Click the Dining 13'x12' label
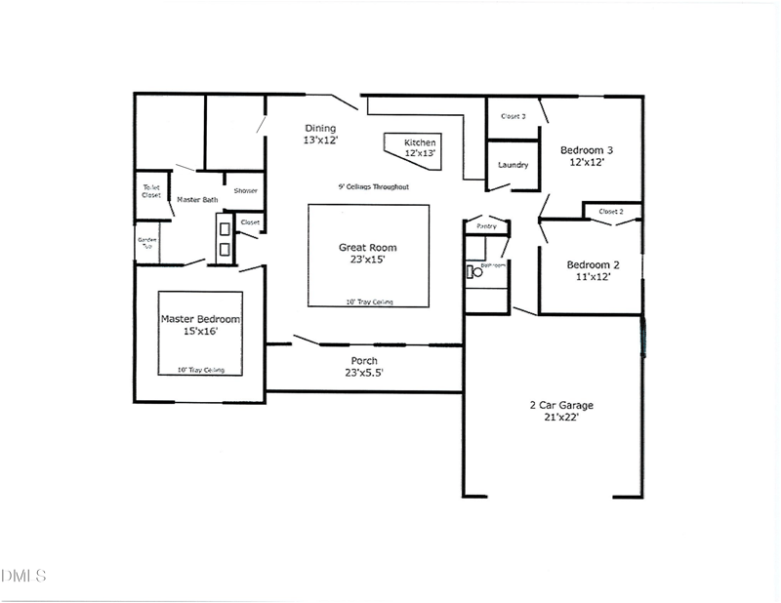(x=320, y=135)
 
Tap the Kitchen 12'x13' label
(x=420, y=147)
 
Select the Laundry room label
(x=513, y=165)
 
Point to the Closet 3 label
(x=514, y=116)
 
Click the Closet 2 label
(x=611, y=211)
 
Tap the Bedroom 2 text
(x=595, y=270)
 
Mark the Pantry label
(x=486, y=226)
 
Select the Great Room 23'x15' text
(x=368, y=254)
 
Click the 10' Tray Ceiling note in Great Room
(x=370, y=302)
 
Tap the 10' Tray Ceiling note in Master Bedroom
(x=201, y=370)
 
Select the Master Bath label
(x=197, y=200)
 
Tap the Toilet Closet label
(x=151, y=191)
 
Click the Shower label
(x=245, y=190)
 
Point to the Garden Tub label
(x=146, y=241)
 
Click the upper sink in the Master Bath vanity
(x=225, y=228)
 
